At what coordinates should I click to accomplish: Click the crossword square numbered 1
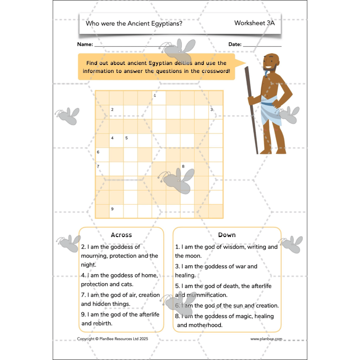pyautogui.click(x=159, y=98)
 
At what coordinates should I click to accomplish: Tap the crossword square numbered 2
pyautogui.click(x=116, y=112)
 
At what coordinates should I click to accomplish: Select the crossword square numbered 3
pyautogui.click(x=216, y=112)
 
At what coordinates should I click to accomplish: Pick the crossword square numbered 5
pyautogui.click(x=130, y=140)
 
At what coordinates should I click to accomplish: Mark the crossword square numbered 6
pyautogui.click(x=102, y=154)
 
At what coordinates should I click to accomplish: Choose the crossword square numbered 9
pyautogui.click(x=116, y=211)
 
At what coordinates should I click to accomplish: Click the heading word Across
pyautogui.click(x=121, y=235)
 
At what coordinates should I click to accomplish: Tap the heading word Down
pyautogui.click(x=227, y=235)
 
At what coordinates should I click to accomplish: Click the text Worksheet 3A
pyautogui.click(x=254, y=23)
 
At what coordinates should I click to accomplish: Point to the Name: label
pyautogui.click(x=85, y=45)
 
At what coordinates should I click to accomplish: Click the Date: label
pyautogui.click(x=235, y=45)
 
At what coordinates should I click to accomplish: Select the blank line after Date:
pyautogui.click(x=262, y=45)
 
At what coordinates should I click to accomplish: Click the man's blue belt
pyautogui.click(x=268, y=104)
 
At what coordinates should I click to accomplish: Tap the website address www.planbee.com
pyautogui.click(x=266, y=339)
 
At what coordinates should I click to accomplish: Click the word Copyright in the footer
pyautogui.click(x=87, y=339)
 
